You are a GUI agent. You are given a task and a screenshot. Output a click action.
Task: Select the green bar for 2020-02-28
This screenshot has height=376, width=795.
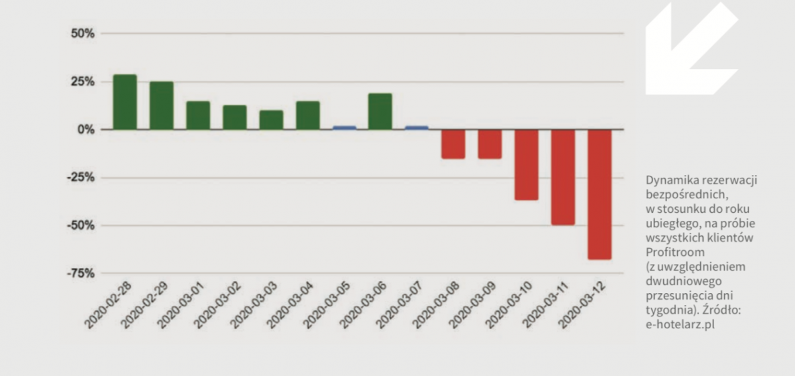pyautogui.click(x=125, y=102)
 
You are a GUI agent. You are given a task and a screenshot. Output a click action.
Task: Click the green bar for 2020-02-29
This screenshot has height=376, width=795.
pyautogui.click(x=161, y=105)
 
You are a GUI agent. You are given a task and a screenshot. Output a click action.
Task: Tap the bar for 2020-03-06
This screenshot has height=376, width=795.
pyautogui.click(x=380, y=111)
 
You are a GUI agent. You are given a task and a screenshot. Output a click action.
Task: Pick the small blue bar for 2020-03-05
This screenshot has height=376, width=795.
pyautogui.click(x=344, y=127)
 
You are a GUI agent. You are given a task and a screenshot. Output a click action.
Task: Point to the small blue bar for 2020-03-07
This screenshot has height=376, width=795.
pyautogui.click(x=417, y=127)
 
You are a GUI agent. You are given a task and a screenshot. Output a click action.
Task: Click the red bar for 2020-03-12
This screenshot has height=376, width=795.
pyautogui.click(x=599, y=194)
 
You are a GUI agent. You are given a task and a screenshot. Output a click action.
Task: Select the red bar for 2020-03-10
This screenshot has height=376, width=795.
pyautogui.click(x=526, y=164)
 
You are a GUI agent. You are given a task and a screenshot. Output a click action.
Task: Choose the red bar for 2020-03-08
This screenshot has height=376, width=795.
pyautogui.click(x=453, y=144)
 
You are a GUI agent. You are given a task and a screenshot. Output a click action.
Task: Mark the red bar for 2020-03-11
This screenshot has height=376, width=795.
pyautogui.click(x=562, y=177)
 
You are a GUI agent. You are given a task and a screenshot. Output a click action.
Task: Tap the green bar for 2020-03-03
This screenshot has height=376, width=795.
pyautogui.click(x=271, y=120)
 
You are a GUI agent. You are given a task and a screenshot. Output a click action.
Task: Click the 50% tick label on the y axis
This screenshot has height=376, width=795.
pyautogui.click(x=83, y=33)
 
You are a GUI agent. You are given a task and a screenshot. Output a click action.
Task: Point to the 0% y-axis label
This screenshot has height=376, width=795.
pyautogui.click(x=86, y=129)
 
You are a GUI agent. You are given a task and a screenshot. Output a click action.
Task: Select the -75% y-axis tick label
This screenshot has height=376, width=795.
pyautogui.click(x=81, y=273)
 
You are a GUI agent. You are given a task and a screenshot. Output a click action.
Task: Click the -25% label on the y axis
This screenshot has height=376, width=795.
pyautogui.click(x=81, y=178)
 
